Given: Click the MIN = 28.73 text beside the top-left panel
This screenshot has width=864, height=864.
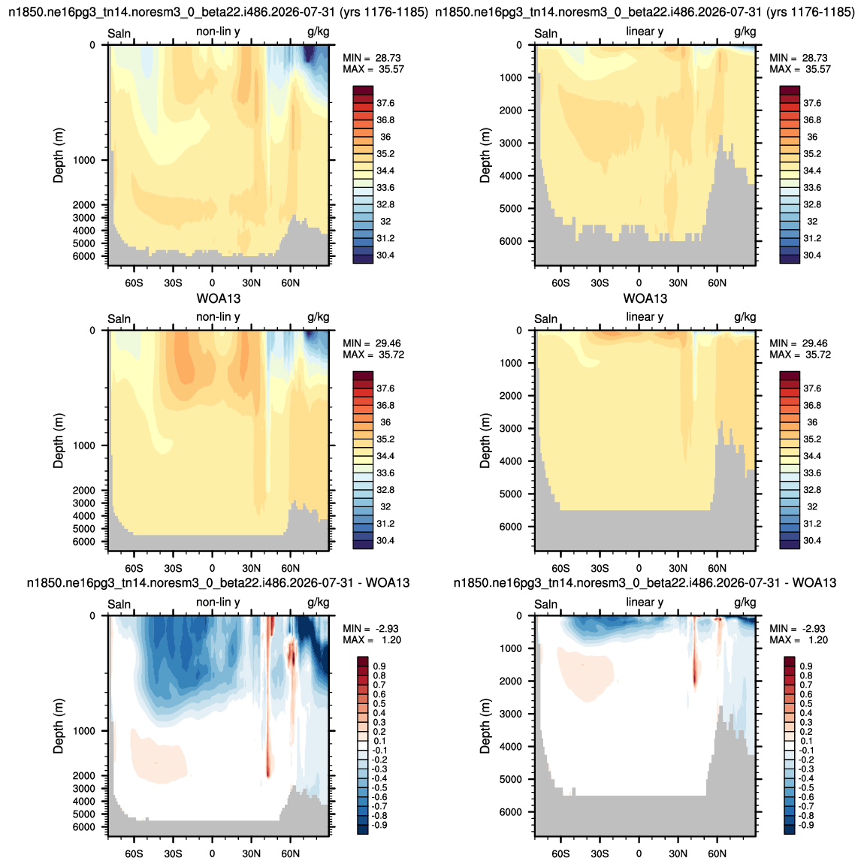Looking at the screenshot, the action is coord(372,58).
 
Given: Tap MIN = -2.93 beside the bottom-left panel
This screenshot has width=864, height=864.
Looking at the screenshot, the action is coord(371,629).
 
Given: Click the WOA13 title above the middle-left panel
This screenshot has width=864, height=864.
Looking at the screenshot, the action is coord(219,299).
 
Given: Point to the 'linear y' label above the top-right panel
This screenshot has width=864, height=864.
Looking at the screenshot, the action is coord(645,32).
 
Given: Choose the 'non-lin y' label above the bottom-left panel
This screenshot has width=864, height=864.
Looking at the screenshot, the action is coord(218,603).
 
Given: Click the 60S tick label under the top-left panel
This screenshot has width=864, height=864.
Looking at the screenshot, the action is coord(134,283).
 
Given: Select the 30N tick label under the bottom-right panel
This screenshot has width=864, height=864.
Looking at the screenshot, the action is coord(678,853).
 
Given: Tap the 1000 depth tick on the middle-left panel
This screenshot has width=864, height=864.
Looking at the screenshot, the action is coord(83,446).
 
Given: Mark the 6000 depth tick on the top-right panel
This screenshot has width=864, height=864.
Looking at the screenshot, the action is coord(511,241).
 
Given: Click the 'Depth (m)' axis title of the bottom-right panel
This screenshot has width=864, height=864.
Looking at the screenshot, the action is coord(485,727).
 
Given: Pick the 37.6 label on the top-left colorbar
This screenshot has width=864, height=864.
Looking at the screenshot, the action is coord(385,103).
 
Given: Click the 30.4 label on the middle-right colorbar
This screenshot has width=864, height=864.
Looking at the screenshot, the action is coord(812,540).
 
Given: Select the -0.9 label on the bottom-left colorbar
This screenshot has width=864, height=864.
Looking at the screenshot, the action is coord(379,826).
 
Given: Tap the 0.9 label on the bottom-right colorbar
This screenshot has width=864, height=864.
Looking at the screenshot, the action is coord(807,666).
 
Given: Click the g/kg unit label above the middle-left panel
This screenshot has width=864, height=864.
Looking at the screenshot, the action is coord(319,317).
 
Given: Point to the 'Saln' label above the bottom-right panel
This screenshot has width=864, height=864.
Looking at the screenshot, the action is coord(546,605).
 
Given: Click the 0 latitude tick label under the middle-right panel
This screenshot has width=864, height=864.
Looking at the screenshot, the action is coord(639,568).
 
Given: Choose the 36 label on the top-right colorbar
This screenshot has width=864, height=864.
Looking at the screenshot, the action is coord(812,137).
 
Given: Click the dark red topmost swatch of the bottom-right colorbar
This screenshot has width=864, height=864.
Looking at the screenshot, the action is coord(789,661).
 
